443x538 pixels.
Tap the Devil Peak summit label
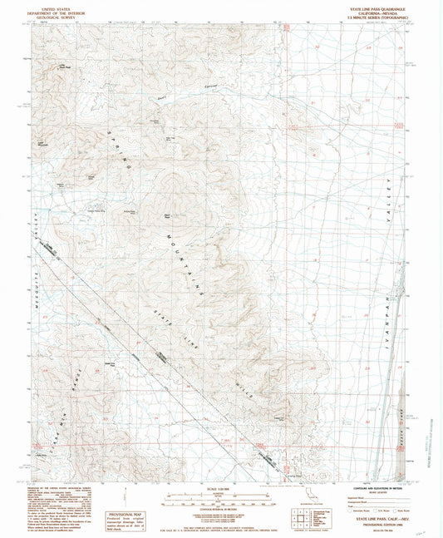tap(167, 217)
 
